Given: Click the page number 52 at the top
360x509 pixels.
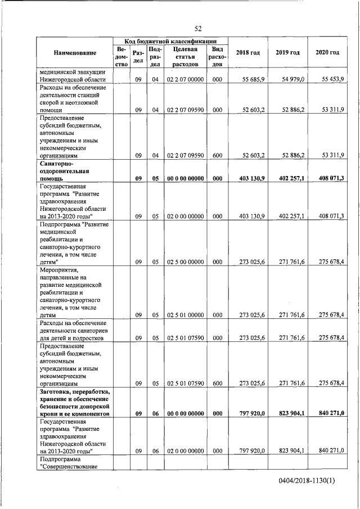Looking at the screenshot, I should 198,29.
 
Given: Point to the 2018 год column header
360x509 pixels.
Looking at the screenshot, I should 248,53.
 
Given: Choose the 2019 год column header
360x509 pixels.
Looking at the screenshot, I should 287,53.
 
